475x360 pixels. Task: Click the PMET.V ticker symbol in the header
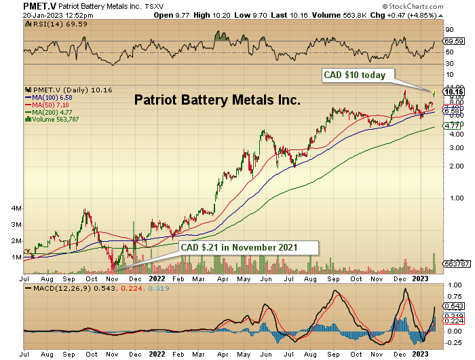(21, 5)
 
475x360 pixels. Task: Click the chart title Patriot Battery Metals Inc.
(217, 100)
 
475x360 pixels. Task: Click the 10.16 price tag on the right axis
(452, 92)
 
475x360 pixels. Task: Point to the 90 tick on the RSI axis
(448, 30)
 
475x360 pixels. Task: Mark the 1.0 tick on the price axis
(449, 198)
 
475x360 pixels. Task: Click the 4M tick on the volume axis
(16, 208)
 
